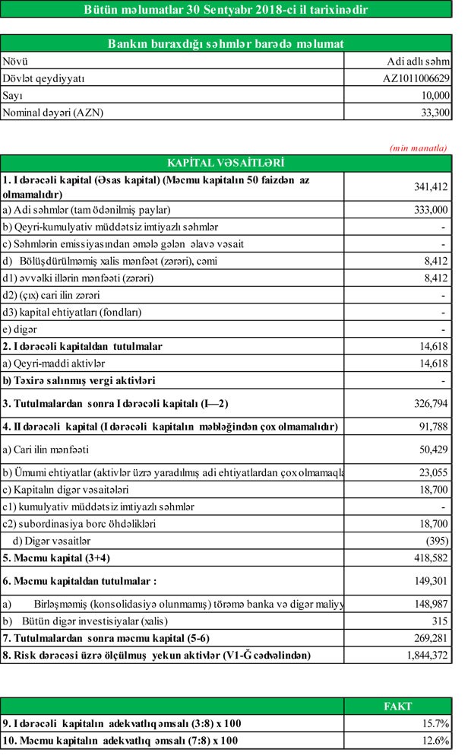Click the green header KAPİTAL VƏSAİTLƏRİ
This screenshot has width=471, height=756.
(x=226, y=163)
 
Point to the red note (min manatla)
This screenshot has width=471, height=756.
(x=419, y=148)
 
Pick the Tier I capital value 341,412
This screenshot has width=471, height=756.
(x=429, y=186)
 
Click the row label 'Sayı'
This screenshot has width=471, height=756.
(x=14, y=95)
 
